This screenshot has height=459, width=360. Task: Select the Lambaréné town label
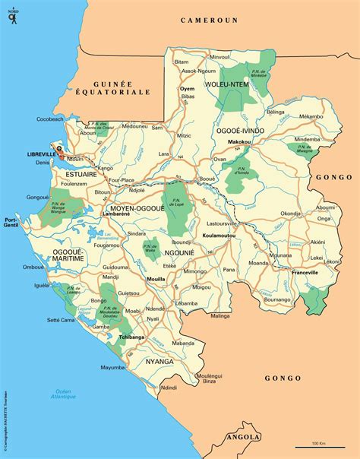115,215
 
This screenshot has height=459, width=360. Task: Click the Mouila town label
156,280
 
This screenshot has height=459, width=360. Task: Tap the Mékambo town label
311,116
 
